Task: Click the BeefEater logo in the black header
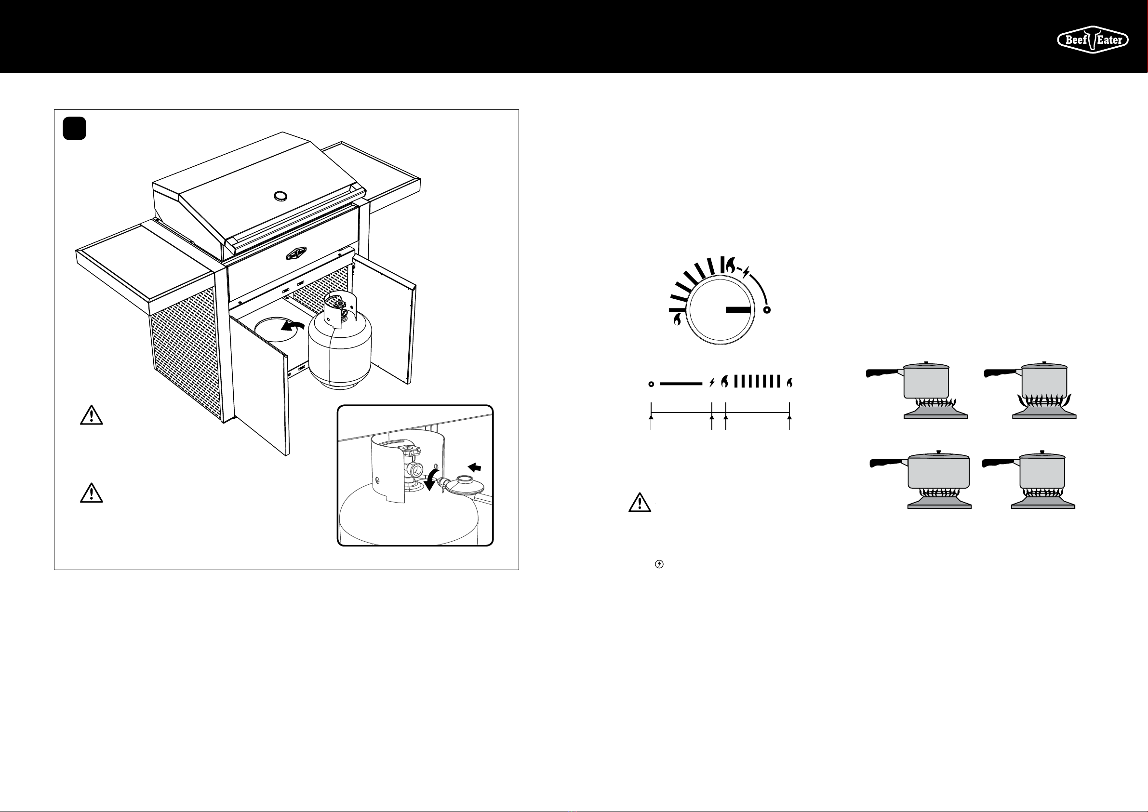pos(1093,40)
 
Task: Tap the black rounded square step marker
pos(75,129)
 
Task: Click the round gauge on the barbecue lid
pos(280,196)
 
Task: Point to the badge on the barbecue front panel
pos(298,254)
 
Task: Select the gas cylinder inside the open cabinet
pos(340,350)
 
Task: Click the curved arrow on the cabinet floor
pos(293,326)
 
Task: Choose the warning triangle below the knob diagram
pos(640,503)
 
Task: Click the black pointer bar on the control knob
pos(738,310)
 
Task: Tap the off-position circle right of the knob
pos(767,310)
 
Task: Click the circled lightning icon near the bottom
pos(659,564)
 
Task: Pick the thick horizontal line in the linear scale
pos(681,384)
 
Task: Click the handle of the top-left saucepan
pos(882,373)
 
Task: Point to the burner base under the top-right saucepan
pos(1044,413)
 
